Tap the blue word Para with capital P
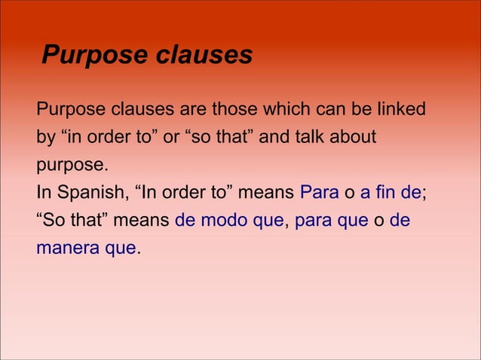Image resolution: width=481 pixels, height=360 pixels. [x=319, y=193]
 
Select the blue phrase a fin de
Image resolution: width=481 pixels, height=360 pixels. [x=391, y=193]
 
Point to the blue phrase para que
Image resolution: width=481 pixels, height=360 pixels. [x=330, y=221]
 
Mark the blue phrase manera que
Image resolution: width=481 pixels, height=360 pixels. [x=86, y=248]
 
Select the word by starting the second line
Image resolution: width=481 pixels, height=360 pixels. [x=45, y=138]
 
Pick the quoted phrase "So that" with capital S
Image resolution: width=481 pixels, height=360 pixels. [x=71, y=221]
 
